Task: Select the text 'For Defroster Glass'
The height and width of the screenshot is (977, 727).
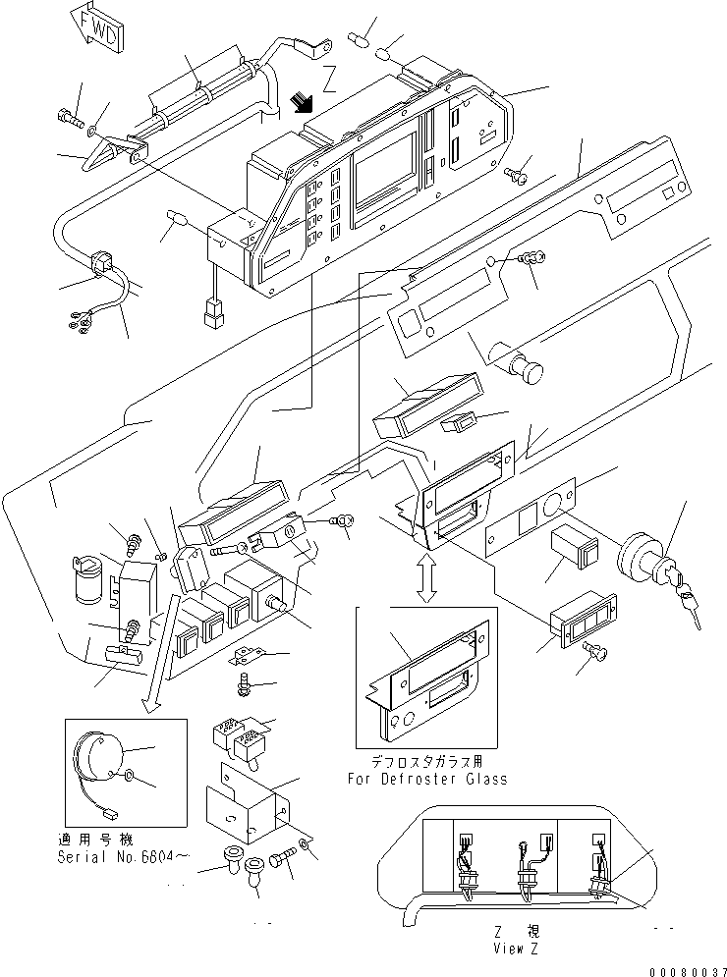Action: click(427, 779)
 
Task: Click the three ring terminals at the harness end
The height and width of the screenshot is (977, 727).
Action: click(81, 316)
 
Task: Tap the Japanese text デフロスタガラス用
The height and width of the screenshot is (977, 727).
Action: click(426, 762)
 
